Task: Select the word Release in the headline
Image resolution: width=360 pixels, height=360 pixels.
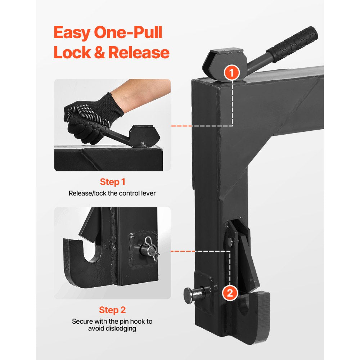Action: [x=139, y=52]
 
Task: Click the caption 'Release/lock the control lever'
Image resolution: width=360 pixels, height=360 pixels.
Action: [x=112, y=193]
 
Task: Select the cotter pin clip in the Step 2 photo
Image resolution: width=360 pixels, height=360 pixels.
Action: [x=153, y=248]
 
